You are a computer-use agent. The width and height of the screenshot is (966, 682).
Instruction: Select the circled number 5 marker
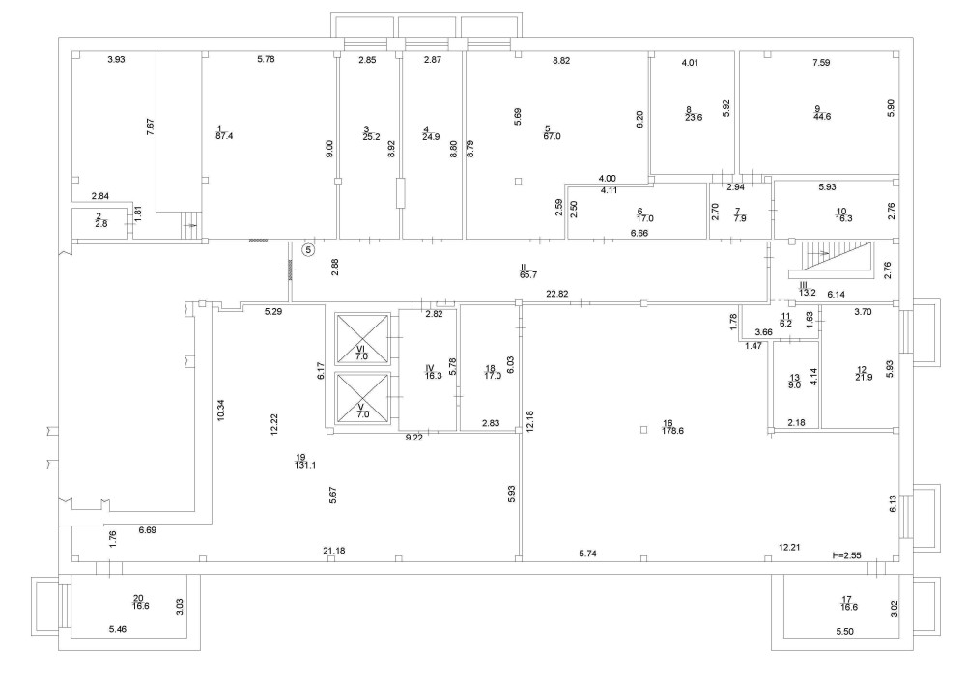tap(308, 249)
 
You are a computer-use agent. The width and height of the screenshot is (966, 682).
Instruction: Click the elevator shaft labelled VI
tap(362, 336)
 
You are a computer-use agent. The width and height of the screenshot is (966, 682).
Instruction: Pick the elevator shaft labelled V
tap(362, 396)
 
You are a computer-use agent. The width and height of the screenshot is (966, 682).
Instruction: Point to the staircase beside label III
tap(827, 259)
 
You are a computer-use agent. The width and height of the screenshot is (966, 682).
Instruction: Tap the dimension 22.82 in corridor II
tap(557, 294)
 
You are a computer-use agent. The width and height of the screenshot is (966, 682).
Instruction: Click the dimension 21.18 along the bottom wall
tap(335, 551)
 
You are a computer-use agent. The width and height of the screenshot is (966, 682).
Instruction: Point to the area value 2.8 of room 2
tap(99, 223)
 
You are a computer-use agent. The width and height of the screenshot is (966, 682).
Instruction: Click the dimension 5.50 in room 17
tap(845, 630)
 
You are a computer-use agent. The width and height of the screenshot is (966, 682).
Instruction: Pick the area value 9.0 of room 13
tap(795, 384)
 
